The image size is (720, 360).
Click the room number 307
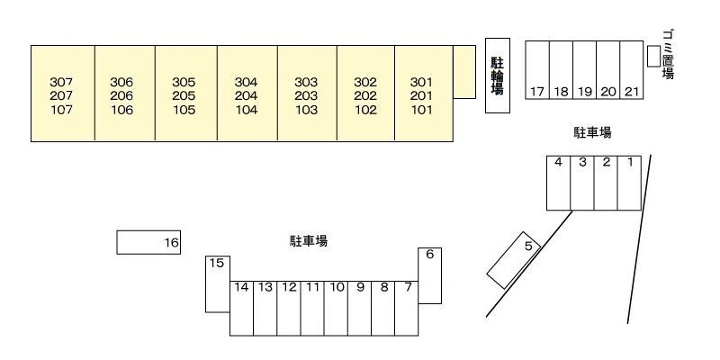61,82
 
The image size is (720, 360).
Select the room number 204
246,96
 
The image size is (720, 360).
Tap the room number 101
421,110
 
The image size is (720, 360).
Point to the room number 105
184,110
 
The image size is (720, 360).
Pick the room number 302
365,82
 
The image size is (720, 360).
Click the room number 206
121,96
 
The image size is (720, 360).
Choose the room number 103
306,110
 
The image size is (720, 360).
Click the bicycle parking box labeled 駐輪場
498,76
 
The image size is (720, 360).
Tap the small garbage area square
653,56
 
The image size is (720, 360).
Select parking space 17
537,70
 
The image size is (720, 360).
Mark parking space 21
632,70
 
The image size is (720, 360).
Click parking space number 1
629,183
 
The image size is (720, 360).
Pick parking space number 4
558,183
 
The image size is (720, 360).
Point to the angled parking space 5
513,260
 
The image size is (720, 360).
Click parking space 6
430,275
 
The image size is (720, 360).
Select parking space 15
218,283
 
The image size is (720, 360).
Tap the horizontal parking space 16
148,242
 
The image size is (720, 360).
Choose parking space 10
336,308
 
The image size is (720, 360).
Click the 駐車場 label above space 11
309,240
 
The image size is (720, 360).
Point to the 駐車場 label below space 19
592,132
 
